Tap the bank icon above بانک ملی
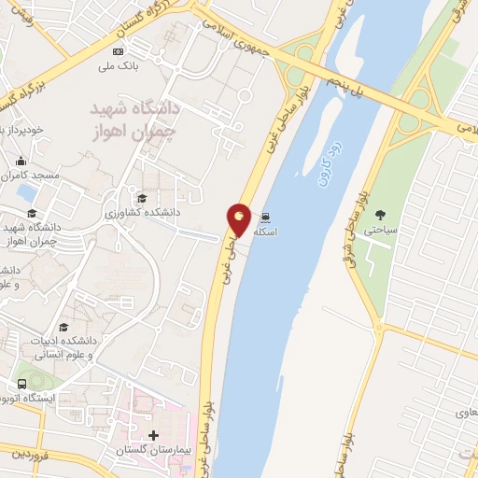(x=118, y=51)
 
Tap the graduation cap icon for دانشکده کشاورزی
(x=142, y=198)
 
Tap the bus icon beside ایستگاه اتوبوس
(x=21, y=384)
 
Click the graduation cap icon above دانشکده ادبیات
(x=63, y=327)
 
